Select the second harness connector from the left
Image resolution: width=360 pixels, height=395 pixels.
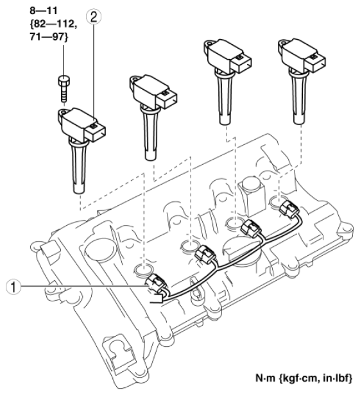(205, 255)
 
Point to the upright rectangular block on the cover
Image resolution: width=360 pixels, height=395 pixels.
(252, 192)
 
